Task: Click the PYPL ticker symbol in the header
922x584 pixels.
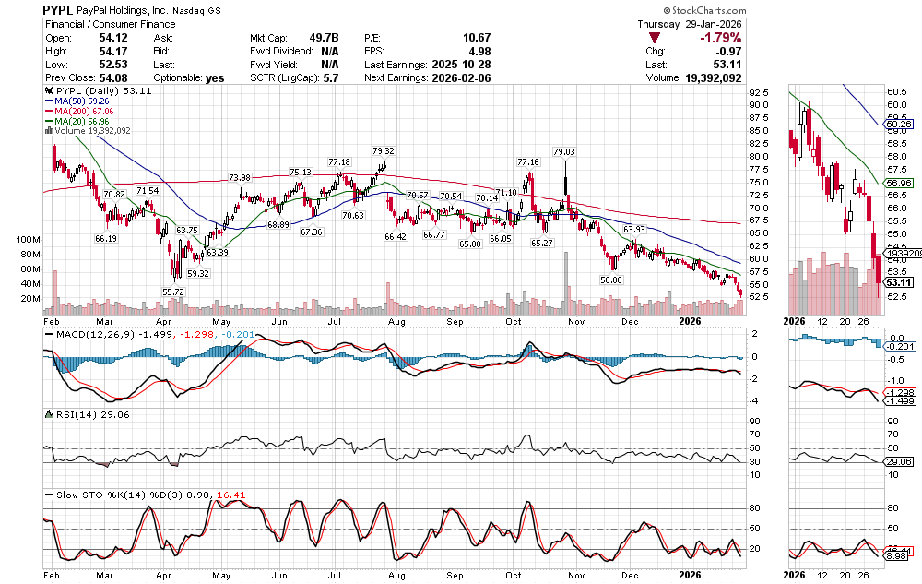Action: tap(60, 9)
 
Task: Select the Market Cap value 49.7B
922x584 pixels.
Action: tap(324, 38)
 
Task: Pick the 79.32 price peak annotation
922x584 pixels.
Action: tap(384, 150)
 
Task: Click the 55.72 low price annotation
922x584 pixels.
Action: tap(174, 291)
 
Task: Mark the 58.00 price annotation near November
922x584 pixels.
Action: tap(612, 280)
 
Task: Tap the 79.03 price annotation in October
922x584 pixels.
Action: tap(563, 151)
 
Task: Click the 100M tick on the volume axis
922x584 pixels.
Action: tap(30, 239)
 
